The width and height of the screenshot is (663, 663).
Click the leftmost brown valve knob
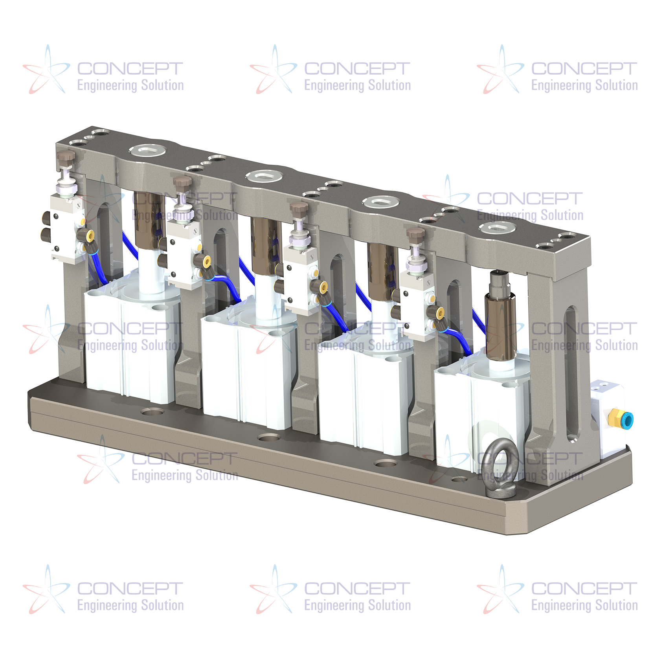pyautogui.click(x=66, y=157)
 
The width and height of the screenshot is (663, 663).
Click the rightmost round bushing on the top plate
pyautogui.click(x=498, y=228)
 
